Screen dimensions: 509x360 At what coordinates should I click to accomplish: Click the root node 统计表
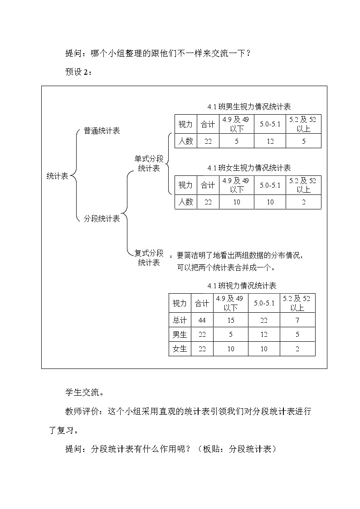(x=57, y=176)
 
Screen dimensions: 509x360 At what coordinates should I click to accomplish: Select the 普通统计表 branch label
(x=102, y=131)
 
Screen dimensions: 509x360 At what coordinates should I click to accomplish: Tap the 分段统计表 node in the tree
(x=102, y=219)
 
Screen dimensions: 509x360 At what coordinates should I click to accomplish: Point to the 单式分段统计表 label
(x=149, y=164)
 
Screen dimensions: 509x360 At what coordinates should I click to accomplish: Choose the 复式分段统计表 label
(x=149, y=257)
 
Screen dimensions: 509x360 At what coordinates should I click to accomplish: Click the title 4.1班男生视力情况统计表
(x=249, y=107)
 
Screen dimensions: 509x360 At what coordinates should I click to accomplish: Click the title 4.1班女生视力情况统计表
(x=249, y=168)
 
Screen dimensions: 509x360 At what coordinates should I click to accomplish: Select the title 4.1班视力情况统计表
(x=242, y=286)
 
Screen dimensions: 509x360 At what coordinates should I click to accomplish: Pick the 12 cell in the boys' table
(x=270, y=141)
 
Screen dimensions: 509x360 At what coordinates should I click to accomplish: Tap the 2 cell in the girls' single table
(x=303, y=202)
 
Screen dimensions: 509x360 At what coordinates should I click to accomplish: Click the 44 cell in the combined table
(x=202, y=320)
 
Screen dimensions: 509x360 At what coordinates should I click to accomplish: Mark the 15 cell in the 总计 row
(x=230, y=320)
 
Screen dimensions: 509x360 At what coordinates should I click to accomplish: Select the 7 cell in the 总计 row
(x=297, y=320)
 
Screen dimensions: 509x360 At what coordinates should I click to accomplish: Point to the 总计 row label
(x=180, y=320)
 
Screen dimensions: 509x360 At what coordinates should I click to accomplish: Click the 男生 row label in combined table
(x=180, y=334)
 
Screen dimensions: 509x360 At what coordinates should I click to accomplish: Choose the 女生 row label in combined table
(x=180, y=349)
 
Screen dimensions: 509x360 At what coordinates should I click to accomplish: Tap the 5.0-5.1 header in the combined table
(x=264, y=303)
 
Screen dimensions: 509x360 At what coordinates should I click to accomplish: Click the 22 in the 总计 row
(x=264, y=320)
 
